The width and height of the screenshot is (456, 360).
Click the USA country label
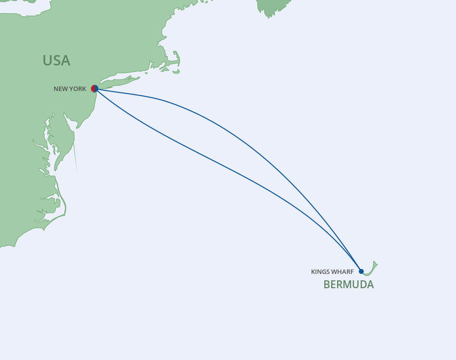(x=56, y=60)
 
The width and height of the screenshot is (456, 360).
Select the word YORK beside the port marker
(x=78, y=89)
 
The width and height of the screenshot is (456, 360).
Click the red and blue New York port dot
(x=95, y=89)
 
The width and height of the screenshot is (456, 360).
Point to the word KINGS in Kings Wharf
(x=320, y=272)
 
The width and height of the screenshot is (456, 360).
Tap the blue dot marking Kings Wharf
(x=361, y=271)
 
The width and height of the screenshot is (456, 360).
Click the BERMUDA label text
(x=348, y=284)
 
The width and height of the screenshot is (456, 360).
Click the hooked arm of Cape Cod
(x=176, y=60)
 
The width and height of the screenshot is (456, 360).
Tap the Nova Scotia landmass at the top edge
(x=273, y=6)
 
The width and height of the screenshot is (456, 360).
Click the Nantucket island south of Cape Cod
(x=176, y=72)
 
